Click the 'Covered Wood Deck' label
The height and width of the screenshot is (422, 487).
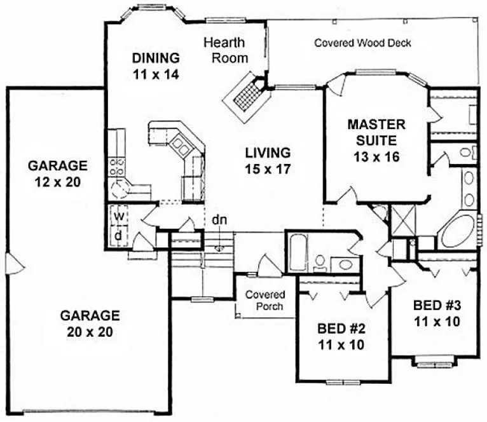pos(363,43)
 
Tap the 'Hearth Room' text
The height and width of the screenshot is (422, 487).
pos(225,50)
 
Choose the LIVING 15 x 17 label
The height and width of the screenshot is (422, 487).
pos(268,160)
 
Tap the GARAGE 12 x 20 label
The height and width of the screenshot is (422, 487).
pos(57,173)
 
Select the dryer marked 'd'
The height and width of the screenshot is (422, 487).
pos(118,235)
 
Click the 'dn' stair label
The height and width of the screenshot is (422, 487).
pos(220,220)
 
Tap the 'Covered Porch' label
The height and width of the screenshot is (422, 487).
pos(265,301)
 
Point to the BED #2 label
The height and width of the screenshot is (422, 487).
pos(341,337)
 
